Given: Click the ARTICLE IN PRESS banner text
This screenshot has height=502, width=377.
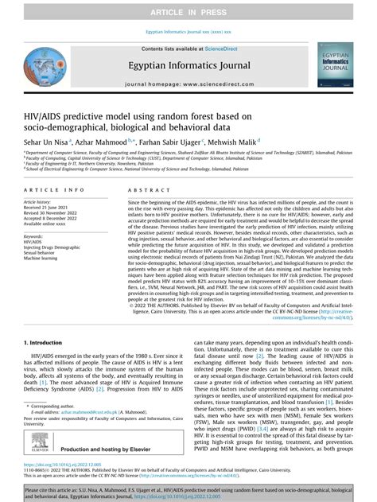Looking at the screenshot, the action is [188, 10].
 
